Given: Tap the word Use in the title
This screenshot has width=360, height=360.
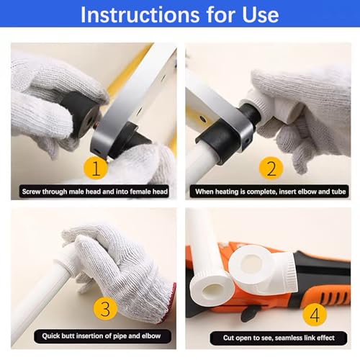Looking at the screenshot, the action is pos(261,14).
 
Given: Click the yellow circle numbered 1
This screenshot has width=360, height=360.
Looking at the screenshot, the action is pos(95,168).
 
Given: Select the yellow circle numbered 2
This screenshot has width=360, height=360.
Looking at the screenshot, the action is pos(271,168).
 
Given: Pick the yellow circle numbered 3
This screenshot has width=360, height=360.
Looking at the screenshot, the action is pos(105,308).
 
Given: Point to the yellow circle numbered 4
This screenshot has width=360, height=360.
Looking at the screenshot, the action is pos(315,314).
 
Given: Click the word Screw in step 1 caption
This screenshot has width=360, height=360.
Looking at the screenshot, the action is pos(31,192).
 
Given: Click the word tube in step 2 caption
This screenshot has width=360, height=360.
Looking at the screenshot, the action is pos(338,192).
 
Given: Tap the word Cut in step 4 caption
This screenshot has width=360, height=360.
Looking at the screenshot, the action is pos(228,338).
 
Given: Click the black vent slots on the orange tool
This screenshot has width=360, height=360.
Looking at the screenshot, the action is pos(334,297).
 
